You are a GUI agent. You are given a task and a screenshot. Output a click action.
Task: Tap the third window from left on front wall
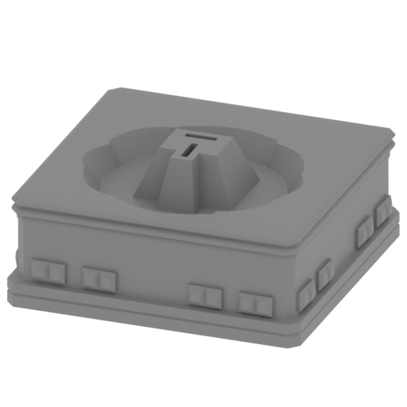pyautogui.click(x=203, y=295)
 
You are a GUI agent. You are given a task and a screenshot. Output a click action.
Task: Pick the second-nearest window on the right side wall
pyautogui.click(x=325, y=275)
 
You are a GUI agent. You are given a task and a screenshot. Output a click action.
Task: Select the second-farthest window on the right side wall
pyautogui.click(x=364, y=227)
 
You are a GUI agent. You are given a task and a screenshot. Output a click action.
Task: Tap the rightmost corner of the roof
pyautogui.click(x=394, y=137)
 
